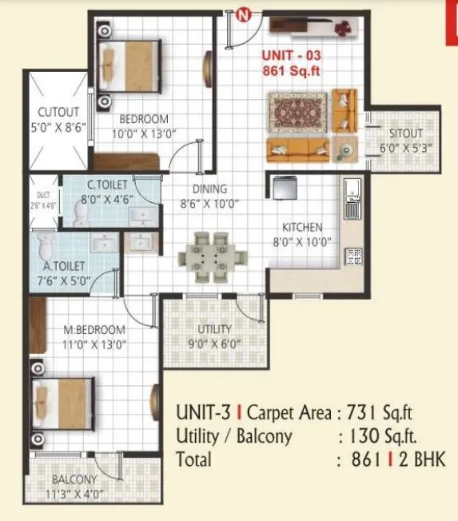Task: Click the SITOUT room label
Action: pos(406,133)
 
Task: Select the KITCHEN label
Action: pos(302,227)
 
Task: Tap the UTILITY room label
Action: pos(214,329)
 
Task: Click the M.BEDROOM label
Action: pos(95,329)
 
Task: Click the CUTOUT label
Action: pos(58,112)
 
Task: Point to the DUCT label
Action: pos(42,194)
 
